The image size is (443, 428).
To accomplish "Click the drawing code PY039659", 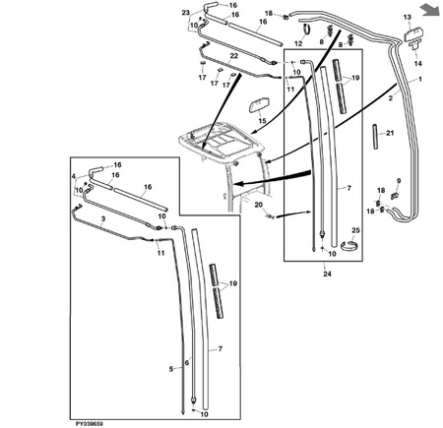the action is tap(90, 424).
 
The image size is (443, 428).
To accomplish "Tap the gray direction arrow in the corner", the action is tap(431, 9).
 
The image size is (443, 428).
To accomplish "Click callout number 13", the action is tap(407, 17).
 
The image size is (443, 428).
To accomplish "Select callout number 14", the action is tap(417, 63).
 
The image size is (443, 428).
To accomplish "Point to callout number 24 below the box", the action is tap(327, 274).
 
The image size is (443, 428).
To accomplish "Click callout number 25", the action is tap(356, 230).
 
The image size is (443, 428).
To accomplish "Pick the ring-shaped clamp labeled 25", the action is tap(349, 246).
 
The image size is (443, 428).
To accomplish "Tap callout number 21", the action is tap(390, 133).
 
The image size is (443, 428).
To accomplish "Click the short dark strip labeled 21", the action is tap(376, 137).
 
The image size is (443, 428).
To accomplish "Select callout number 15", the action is tap(262, 121).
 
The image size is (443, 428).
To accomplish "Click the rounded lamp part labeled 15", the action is tap(259, 107).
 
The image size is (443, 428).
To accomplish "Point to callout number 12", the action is tap(298, 43).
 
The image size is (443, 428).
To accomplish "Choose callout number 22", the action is tap(233, 56).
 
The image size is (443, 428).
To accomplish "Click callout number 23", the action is tap(186, 13).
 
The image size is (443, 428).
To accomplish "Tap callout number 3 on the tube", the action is tap(103, 218).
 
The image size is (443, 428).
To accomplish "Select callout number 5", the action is tap(171, 369).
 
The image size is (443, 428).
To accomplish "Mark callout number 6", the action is tap(187, 363).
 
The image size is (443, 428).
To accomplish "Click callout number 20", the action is tap(259, 205).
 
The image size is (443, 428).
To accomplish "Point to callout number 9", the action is tap(399, 181).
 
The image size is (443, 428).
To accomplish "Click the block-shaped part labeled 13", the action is tap(413, 34).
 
